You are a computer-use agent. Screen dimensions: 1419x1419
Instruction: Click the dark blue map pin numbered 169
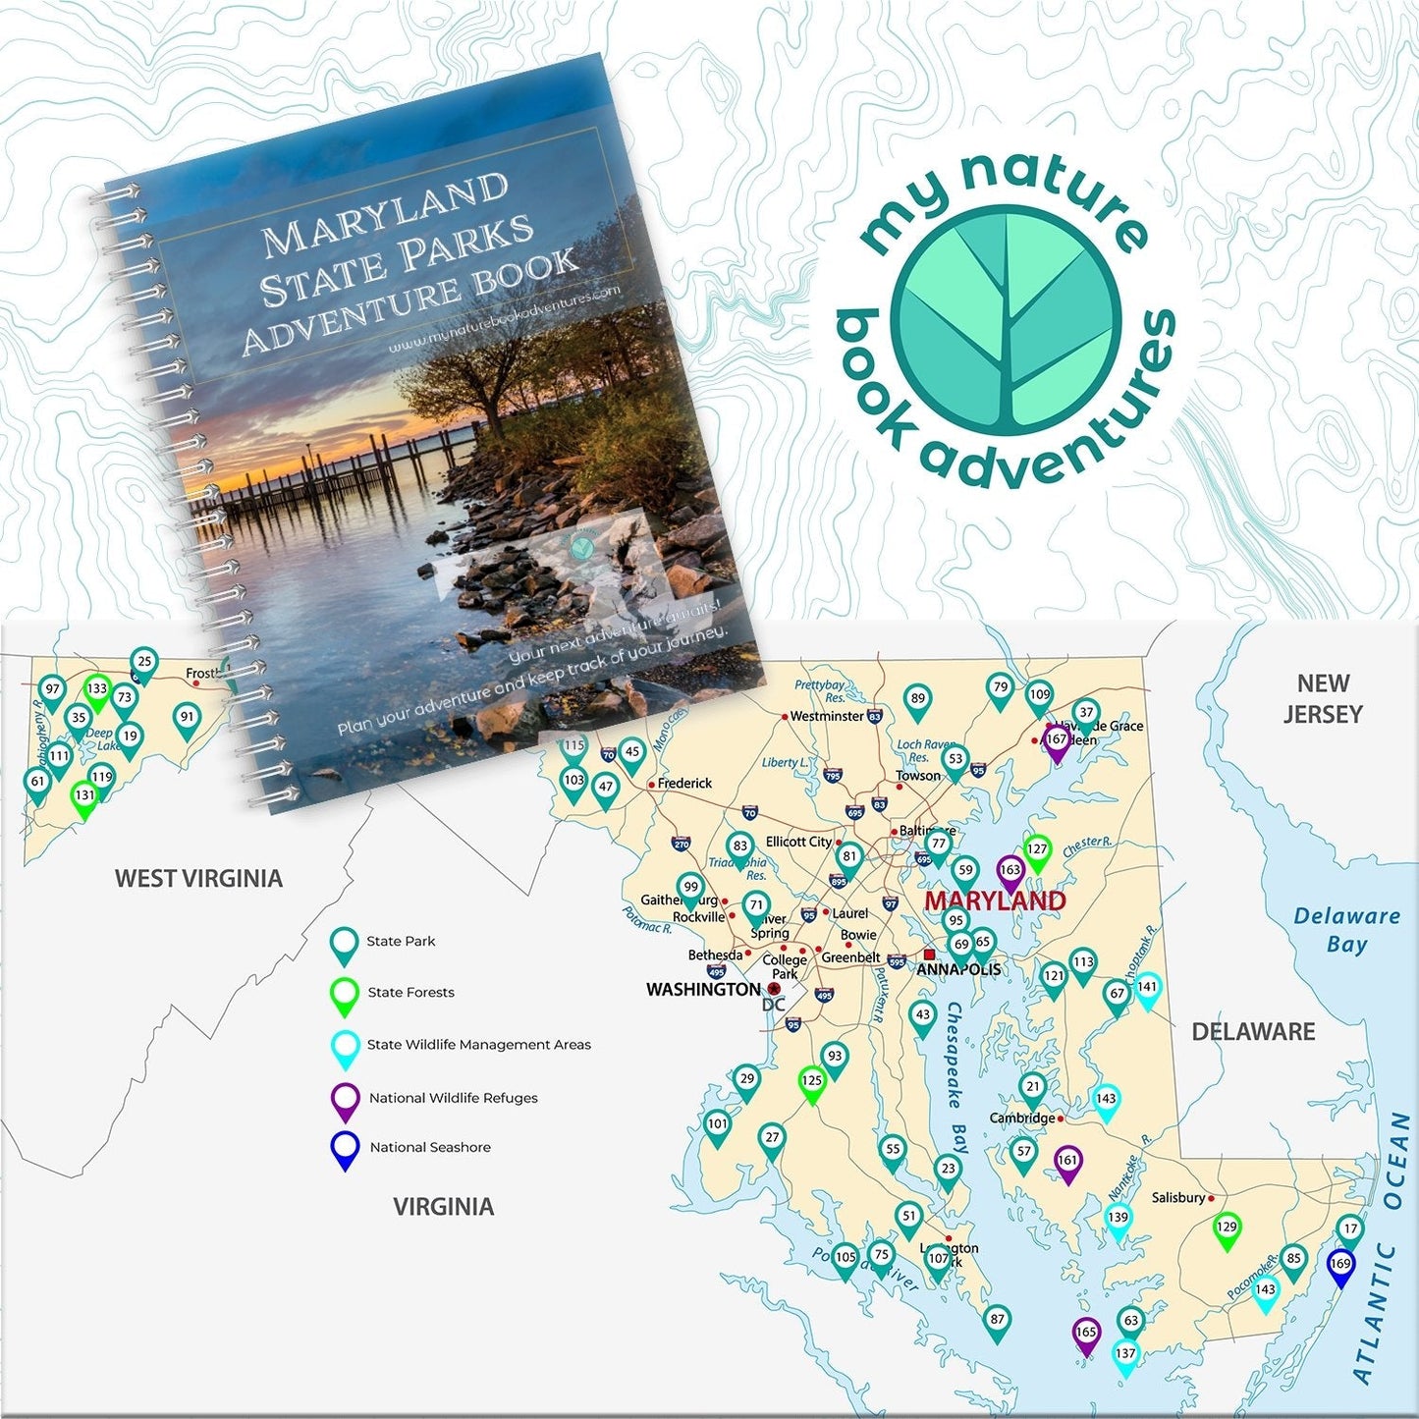click(1340, 1265)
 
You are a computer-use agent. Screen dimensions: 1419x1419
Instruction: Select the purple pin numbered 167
click(1056, 741)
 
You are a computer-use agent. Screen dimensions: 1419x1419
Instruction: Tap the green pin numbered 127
click(1037, 851)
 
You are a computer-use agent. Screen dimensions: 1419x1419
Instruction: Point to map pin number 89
click(917, 701)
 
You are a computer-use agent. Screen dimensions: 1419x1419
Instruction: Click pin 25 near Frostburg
click(144, 664)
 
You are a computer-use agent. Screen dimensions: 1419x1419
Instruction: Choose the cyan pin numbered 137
click(1125, 1355)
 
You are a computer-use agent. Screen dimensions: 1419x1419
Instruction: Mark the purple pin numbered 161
click(1067, 1163)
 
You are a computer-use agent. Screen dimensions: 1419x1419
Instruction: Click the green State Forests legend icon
click(344, 995)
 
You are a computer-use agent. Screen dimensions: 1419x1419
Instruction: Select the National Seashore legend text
click(430, 1147)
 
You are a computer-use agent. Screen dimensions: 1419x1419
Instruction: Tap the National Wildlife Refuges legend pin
click(345, 1100)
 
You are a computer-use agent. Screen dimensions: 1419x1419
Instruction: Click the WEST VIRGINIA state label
click(198, 878)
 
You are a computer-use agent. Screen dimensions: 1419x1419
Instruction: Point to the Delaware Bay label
click(1346, 930)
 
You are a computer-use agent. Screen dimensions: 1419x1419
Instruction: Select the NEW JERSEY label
click(1323, 698)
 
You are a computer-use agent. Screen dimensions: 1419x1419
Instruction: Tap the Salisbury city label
click(1178, 1197)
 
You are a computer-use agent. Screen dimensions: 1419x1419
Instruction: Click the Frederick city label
click(684, 783)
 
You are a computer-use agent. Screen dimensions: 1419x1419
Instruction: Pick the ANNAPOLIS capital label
click(958, 969)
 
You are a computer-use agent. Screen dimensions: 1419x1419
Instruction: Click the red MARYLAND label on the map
click(995, 901)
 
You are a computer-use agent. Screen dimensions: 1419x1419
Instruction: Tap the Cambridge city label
click(1022, 1118)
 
